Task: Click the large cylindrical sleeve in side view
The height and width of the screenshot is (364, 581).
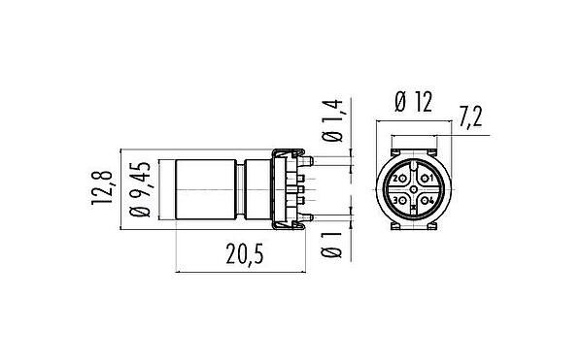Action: pos(203,189)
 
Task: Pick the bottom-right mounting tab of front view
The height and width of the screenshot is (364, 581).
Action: pos(434,230)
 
